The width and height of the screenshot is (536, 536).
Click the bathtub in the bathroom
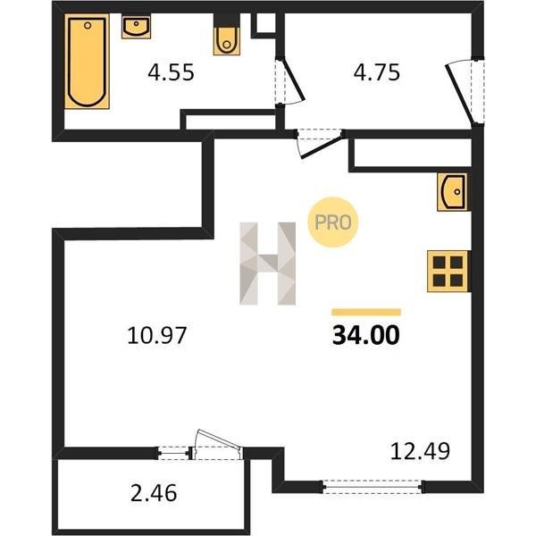(88, 62)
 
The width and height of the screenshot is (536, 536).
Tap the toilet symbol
(226, 40)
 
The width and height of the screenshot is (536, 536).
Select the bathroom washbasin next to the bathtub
(136, 27)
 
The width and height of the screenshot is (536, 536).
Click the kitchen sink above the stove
(453, 192)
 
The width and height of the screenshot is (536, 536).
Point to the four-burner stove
(448, 272)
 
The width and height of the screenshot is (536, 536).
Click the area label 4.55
(171, 72)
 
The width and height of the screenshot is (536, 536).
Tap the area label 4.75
(377, 72)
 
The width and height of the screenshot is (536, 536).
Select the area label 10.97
(157, 335)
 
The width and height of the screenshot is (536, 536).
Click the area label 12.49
(420, 451)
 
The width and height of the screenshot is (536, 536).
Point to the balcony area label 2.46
(154, 493)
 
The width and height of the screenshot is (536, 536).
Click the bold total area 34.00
(365, 335)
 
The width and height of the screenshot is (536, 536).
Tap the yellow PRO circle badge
(333, 222)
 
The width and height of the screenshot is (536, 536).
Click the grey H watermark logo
(268, 264)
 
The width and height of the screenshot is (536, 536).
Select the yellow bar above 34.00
(366, 312)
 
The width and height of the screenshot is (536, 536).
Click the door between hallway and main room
(320, 144)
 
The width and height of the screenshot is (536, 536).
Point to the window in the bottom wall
(373, 487)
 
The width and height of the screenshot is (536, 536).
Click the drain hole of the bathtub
(88, 25)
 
